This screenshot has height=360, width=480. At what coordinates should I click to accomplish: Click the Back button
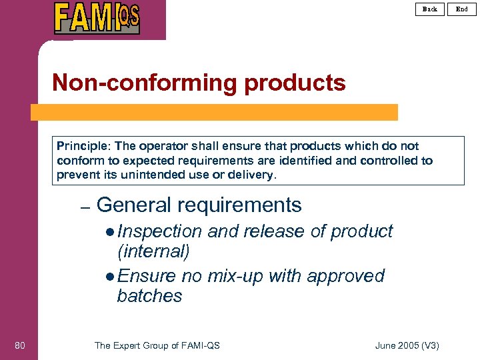(430, 9)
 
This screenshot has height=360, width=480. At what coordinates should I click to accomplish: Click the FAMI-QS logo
(97, 18)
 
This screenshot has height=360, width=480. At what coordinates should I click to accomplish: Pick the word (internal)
(153, 251)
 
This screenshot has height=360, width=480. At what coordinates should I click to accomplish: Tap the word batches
(149, 295)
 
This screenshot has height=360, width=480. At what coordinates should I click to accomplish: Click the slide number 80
(20, 345)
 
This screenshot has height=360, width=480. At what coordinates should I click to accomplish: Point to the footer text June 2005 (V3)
(407, 345)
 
